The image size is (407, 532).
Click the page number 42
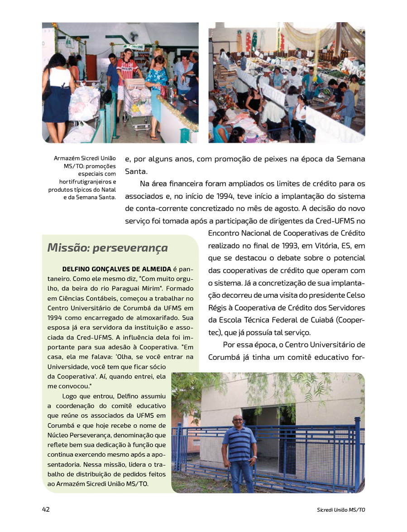[x=46, y=509]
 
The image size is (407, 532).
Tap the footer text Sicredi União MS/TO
[x=341, y=510]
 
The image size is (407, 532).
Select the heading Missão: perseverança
[x=107, y=248]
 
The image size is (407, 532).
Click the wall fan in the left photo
[x=134, y=36]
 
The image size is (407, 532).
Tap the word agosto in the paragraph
[x=348, y=208]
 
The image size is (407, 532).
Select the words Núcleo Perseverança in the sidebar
[x=84, y=435]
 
